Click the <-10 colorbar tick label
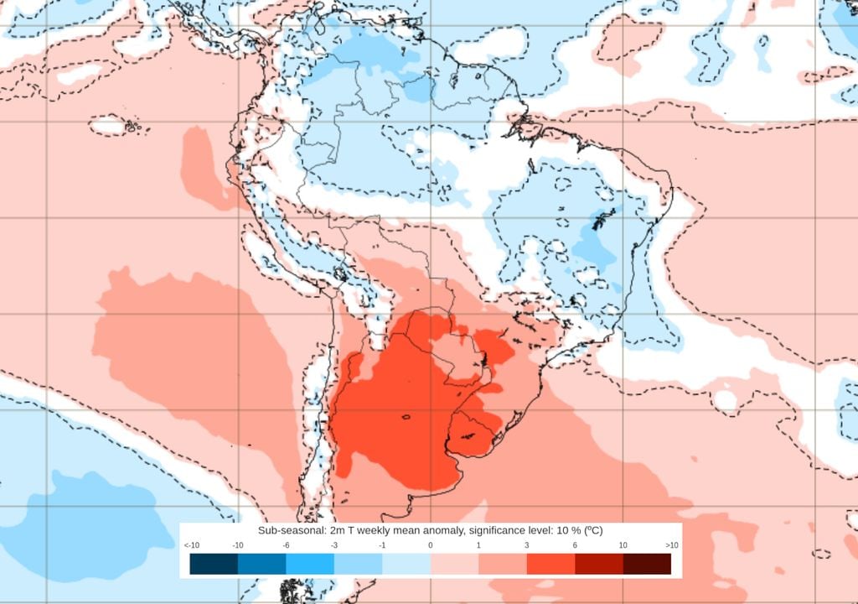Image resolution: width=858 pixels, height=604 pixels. point(190,545)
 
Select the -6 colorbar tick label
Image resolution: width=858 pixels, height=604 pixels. point(286,545)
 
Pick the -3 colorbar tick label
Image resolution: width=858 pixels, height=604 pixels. point(334,545)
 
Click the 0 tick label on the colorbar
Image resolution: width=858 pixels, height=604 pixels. point(431,545)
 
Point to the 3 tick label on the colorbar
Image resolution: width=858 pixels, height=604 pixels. point(527,545)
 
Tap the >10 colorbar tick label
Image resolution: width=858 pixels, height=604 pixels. point(671,545)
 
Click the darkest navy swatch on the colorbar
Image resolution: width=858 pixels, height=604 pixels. point(214,564)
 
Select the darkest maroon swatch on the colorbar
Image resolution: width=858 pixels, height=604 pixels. point(647,564)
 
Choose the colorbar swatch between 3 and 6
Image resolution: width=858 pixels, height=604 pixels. point(550,564)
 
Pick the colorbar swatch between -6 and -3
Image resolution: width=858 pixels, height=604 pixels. point(310,564)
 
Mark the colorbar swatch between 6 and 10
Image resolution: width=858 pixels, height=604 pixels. point(599,564)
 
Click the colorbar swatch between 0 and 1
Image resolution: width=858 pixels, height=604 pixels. point(454,564)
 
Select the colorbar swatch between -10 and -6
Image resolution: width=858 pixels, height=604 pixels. point(261,564)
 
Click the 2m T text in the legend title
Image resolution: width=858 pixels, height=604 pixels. point(337,530)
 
